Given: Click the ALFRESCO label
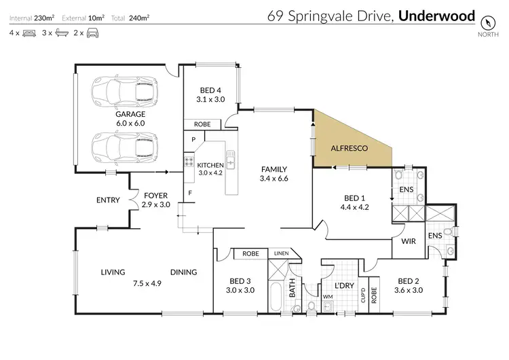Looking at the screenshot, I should [x=350, y=147].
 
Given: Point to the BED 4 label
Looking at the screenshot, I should [x=210, y=90].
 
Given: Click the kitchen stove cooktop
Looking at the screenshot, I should [x=188, y=163].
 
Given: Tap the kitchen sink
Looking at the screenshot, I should [x=231, y=160].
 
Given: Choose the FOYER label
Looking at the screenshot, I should [x=155, y=196].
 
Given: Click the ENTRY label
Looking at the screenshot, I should [x=109, y=200].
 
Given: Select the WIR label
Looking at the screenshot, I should [x=409, y=241].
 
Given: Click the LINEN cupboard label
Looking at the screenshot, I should [x=280, y=253].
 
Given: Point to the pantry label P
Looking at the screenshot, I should [x=193, y=139].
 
